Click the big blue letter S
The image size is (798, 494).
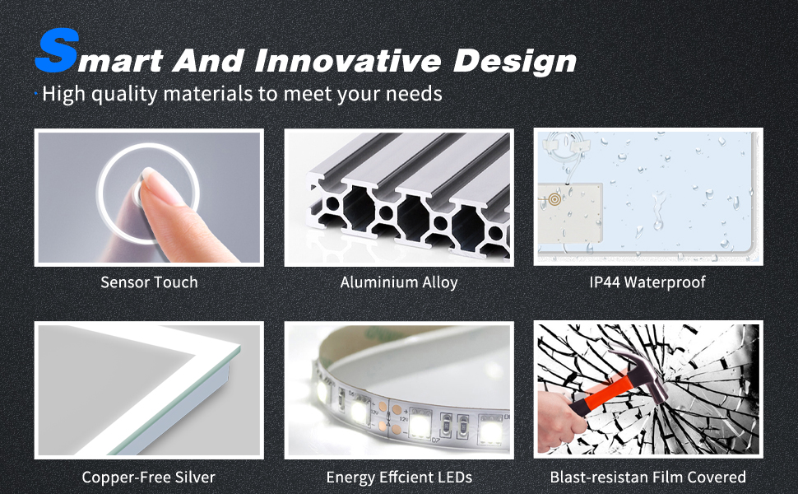coord(57,50)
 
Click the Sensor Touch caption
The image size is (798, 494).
coord(149,282)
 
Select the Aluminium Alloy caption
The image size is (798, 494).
coord(399,282)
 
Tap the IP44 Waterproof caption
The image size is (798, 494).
coord(647,282)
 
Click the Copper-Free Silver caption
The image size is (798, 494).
coord(149,478)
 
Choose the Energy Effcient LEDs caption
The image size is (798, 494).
coord(399,478)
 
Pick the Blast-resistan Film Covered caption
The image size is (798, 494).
coord(648,478)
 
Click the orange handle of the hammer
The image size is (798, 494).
coord(601,393)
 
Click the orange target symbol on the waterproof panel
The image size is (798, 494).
coord(554,199)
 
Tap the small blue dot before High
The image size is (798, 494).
coord(36,94)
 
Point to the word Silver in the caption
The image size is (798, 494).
coord(195,478)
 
